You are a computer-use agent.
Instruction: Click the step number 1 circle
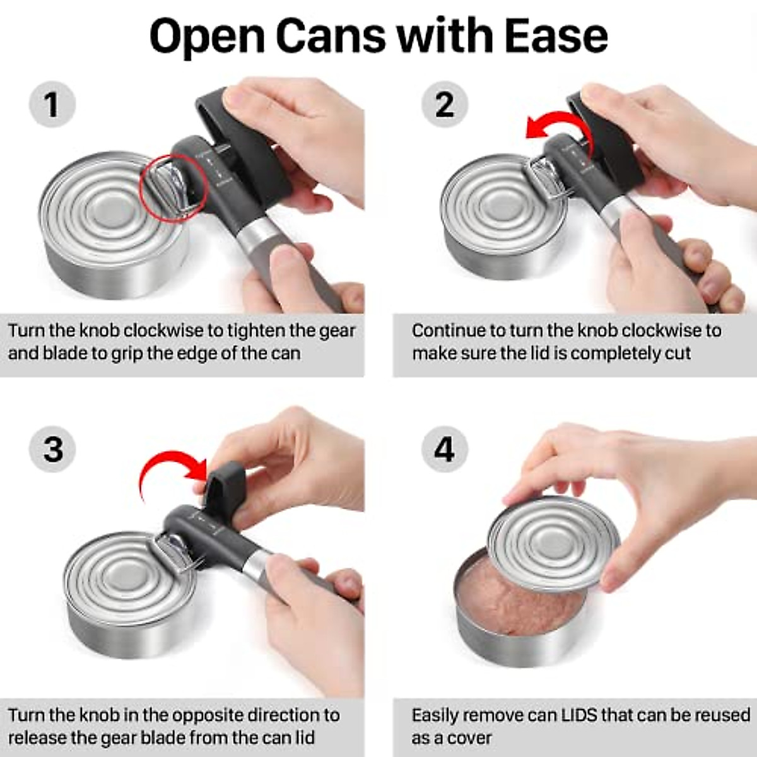(52, 105)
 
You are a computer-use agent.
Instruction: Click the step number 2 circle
(445, 105)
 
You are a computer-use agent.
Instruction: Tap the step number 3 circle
(53, 449)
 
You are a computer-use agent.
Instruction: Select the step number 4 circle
(445, 449)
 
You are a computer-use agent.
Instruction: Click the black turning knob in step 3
(224, 483)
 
